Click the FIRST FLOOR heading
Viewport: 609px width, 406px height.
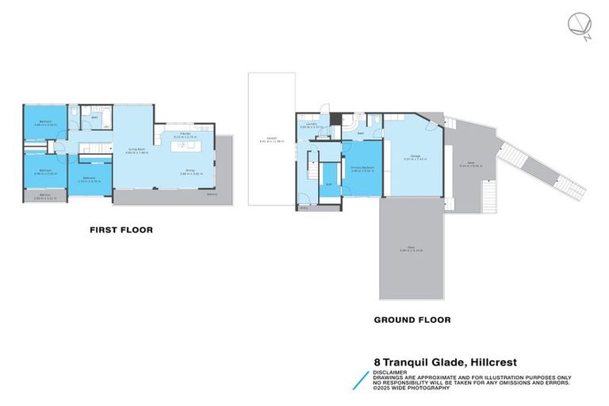(121, 230)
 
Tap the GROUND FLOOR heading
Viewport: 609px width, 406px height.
(412, 320)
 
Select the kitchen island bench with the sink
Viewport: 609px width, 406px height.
(186, 145)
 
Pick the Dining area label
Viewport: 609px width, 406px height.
(187, 171)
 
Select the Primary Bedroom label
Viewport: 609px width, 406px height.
(362, 167)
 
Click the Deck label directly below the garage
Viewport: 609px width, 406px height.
(412, 250)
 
